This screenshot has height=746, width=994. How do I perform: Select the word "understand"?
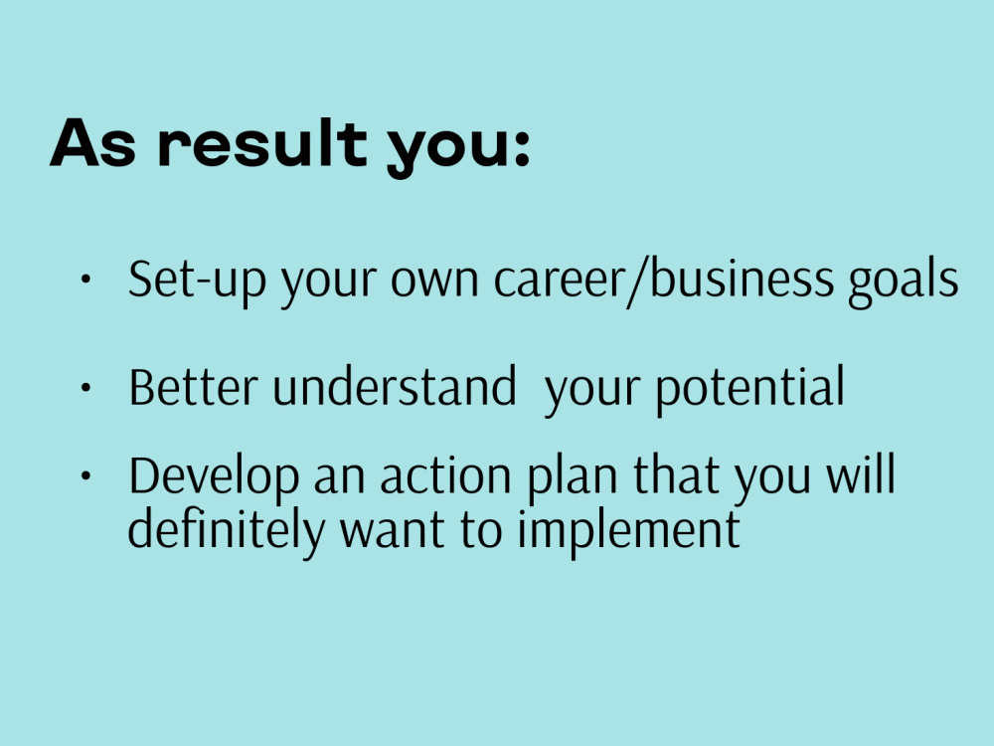394,387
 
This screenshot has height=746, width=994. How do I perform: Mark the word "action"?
442,476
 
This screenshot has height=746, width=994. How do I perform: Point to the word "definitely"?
226,529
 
